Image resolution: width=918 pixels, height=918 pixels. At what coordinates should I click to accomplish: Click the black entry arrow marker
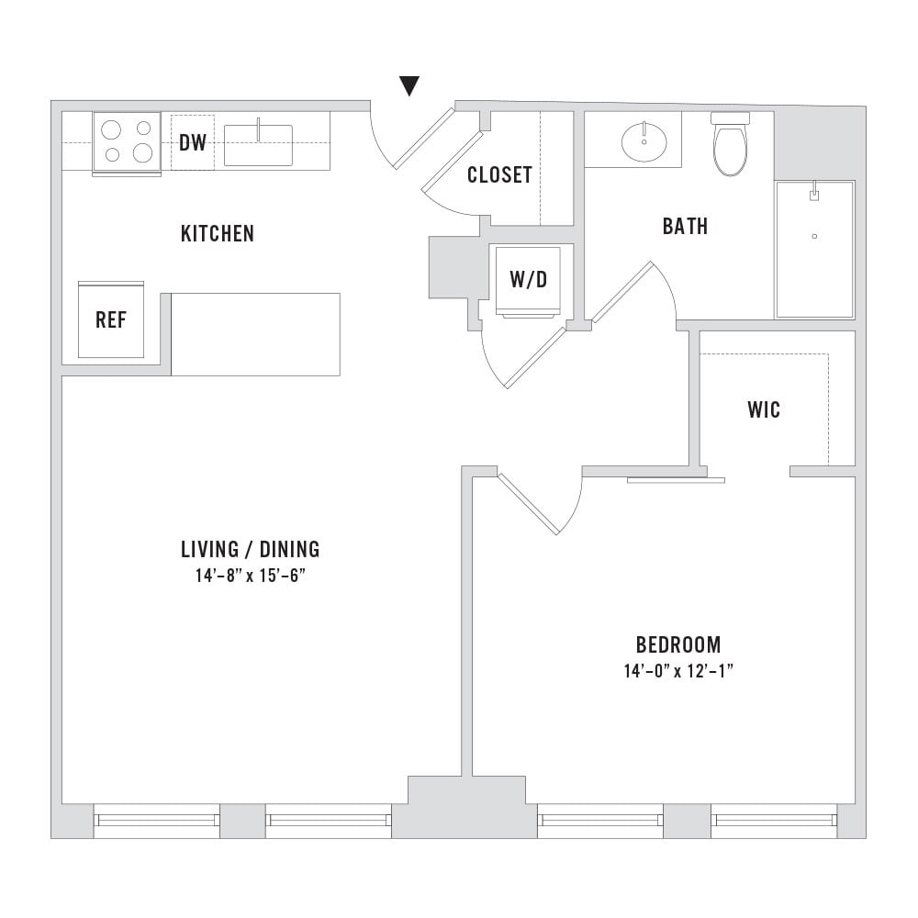click(409, 85)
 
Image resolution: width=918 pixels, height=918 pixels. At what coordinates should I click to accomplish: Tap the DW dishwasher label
click(193, 142)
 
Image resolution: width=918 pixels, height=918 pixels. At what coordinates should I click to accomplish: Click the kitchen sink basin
click(258, 145)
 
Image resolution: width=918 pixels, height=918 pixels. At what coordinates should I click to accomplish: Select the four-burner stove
click(127, 143)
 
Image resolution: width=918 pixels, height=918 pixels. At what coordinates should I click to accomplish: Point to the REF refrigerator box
click(111, 319)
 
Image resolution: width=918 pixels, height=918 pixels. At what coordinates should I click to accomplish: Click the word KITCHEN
click(218, 233)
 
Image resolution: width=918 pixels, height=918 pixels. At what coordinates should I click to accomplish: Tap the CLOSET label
click(499, 174)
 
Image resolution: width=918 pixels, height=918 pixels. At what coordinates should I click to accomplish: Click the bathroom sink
click(644, 141)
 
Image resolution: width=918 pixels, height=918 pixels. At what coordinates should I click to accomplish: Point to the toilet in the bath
click(730, 144)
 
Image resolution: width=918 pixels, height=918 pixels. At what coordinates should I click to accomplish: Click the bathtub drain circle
click(814, 237)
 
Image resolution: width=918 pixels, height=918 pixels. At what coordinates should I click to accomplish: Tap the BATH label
click(685, 226)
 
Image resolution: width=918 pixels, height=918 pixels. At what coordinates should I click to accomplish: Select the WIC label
click(764, 409)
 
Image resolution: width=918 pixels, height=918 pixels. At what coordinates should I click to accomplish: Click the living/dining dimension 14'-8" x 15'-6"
click(251, 577)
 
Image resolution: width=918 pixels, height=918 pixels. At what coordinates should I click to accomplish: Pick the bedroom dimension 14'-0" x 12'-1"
click(678, 671)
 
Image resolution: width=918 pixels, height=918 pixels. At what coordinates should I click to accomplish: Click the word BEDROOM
click(678, 644)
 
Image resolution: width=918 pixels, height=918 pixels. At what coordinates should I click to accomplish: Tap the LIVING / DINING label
click(251, 549)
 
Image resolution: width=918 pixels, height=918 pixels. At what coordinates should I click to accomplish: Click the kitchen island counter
click(255, 334)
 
